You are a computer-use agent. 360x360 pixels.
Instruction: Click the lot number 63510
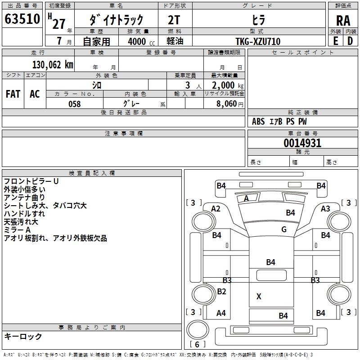coord(22,19)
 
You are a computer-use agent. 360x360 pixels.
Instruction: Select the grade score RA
coord(343,21)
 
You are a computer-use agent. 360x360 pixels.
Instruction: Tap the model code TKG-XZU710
coord(258,41)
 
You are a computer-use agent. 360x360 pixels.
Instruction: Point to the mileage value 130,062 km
coord(53,65)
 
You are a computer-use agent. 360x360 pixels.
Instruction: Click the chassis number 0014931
coord(302,144)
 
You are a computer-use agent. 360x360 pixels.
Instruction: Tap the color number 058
coord(75,104)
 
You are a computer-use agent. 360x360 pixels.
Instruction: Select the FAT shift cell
coord(13,94)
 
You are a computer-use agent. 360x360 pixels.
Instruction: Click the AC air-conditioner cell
coord(35,94)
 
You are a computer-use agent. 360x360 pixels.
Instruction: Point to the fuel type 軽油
coord(175,41)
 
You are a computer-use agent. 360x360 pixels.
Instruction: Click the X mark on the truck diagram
coord(259,297)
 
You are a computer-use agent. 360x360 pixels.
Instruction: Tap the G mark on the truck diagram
coord(284,229)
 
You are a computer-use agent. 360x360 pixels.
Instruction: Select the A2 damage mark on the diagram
coord(216,208)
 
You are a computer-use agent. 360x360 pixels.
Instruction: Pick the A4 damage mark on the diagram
coord(221,313)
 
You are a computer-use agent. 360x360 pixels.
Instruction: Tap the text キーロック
coord(23,336)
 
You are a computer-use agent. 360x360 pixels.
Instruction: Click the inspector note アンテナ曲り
coord(24,198)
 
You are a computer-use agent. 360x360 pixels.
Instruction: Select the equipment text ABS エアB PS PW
coord(280,121)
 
